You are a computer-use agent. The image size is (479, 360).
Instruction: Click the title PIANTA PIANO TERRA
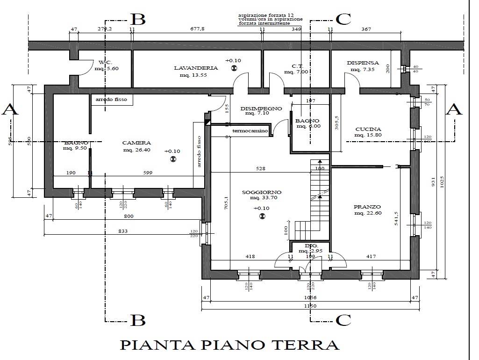click(x=229, y=345)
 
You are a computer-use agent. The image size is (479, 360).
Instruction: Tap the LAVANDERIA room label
click(x=196, y=68)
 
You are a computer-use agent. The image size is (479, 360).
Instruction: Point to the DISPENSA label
click(x=363, y=63)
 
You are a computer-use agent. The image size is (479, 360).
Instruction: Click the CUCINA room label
click(x=368, y=130)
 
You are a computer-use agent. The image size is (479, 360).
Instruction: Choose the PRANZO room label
click(x=367, y=207)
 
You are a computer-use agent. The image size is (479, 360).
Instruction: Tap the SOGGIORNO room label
click(x=261, y=192)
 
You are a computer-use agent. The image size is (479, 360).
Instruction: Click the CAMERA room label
click(x=136, y=143)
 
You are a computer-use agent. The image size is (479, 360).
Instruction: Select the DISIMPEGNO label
click(x=261, y=108)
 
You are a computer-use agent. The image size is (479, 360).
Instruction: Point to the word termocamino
click(x=250, y=131)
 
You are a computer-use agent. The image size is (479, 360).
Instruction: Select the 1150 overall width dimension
click(x=310, y=306)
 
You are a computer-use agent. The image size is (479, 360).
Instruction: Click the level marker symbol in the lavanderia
click(x=234, y=68)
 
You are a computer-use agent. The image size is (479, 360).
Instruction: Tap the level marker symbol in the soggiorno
click(x=262, y=216)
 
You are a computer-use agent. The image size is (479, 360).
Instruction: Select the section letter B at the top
click(x=137, y=19)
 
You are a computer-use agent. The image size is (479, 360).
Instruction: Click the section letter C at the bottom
click(x=343, y=320)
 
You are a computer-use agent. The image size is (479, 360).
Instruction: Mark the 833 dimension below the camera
click(x=123, y=231)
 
